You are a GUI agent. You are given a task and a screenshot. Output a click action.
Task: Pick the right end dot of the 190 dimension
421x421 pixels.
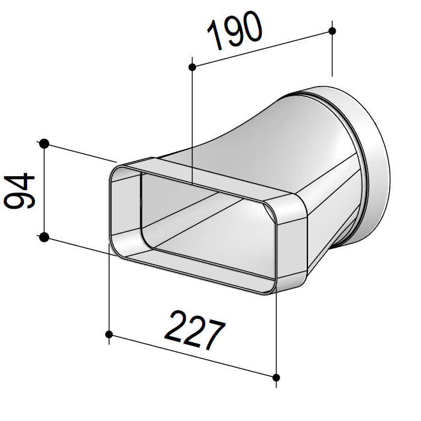pos(333,30)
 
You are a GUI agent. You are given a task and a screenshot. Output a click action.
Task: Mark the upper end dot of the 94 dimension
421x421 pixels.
pos(44,143)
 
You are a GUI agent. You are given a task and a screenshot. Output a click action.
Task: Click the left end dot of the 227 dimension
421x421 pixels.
pos(109,334)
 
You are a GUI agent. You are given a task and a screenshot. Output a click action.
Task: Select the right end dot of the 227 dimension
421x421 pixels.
pos(276,378)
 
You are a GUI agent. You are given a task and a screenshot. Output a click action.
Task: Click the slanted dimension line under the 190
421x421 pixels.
pos(262,48)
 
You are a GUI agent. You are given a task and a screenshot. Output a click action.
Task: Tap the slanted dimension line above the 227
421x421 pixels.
pos(192,356)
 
